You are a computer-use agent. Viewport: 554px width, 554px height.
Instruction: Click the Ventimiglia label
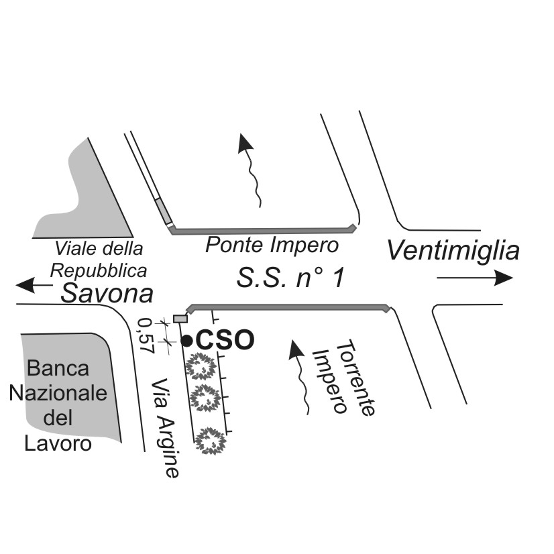453,251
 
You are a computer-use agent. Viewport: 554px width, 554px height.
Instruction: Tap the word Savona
107,293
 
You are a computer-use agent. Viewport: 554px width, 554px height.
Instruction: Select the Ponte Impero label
272,245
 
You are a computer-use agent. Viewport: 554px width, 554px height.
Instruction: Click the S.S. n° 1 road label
290,278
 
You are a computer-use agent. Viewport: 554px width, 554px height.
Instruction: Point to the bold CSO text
225,340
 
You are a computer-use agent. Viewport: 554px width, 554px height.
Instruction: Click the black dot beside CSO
187,340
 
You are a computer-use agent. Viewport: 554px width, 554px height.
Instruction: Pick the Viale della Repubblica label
99,260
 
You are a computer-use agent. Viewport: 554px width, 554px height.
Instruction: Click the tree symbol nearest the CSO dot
200,367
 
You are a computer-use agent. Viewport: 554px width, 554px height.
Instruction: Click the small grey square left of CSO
180,318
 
